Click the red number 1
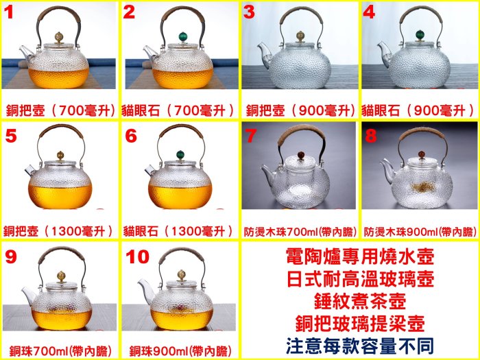[x=9, y=12]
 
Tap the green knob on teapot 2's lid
[x=183, y=37]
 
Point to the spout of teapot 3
[x=263, y=54]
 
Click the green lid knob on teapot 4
[x=420, y=36]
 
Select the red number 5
[x=11, y=136]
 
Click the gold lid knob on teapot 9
[x=62, y=276]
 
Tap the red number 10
[x=137, y=256]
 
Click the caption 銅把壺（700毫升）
[x=61, y=110]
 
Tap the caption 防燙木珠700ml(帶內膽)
[x=300, y=232]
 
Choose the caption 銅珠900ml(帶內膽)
[x=180, y=351]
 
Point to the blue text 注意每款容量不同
[x=360, y=346]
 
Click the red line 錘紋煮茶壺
[x=360, y=301]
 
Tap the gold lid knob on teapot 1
[x=59, y=37]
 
